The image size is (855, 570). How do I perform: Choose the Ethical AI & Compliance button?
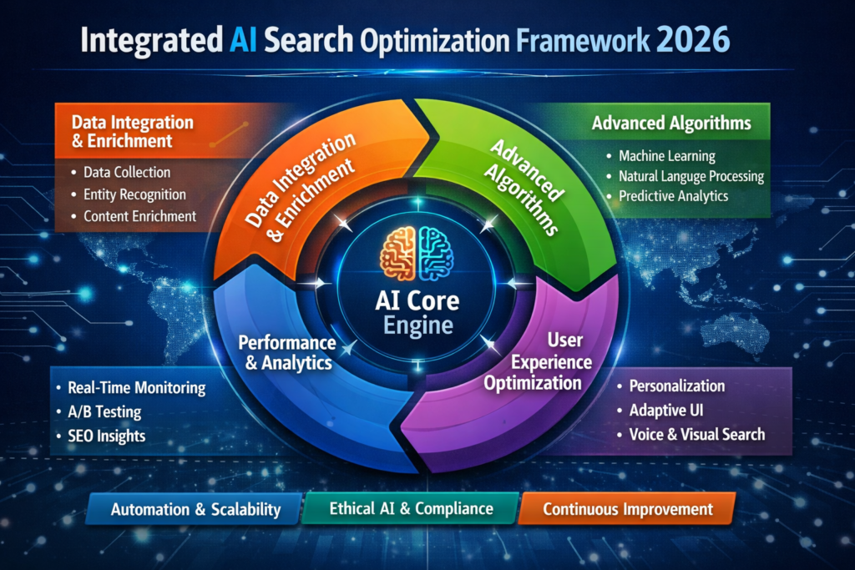point(411,508)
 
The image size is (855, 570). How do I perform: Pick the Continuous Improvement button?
point(627,508)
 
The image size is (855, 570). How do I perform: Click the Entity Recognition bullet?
point(134,194)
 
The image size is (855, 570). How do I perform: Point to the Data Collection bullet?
point(127,173)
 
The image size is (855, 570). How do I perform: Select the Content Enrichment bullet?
point(139,216)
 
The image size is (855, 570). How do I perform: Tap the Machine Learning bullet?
point(666,156)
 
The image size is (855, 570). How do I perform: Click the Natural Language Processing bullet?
point(691,176)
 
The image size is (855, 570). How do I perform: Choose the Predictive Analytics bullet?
point(673,196)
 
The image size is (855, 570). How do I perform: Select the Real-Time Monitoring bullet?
point(135,388)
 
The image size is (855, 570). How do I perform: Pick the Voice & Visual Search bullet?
point(696,434)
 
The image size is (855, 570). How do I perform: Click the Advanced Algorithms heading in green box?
point(671,124)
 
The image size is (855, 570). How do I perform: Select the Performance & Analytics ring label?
point(286,352)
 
